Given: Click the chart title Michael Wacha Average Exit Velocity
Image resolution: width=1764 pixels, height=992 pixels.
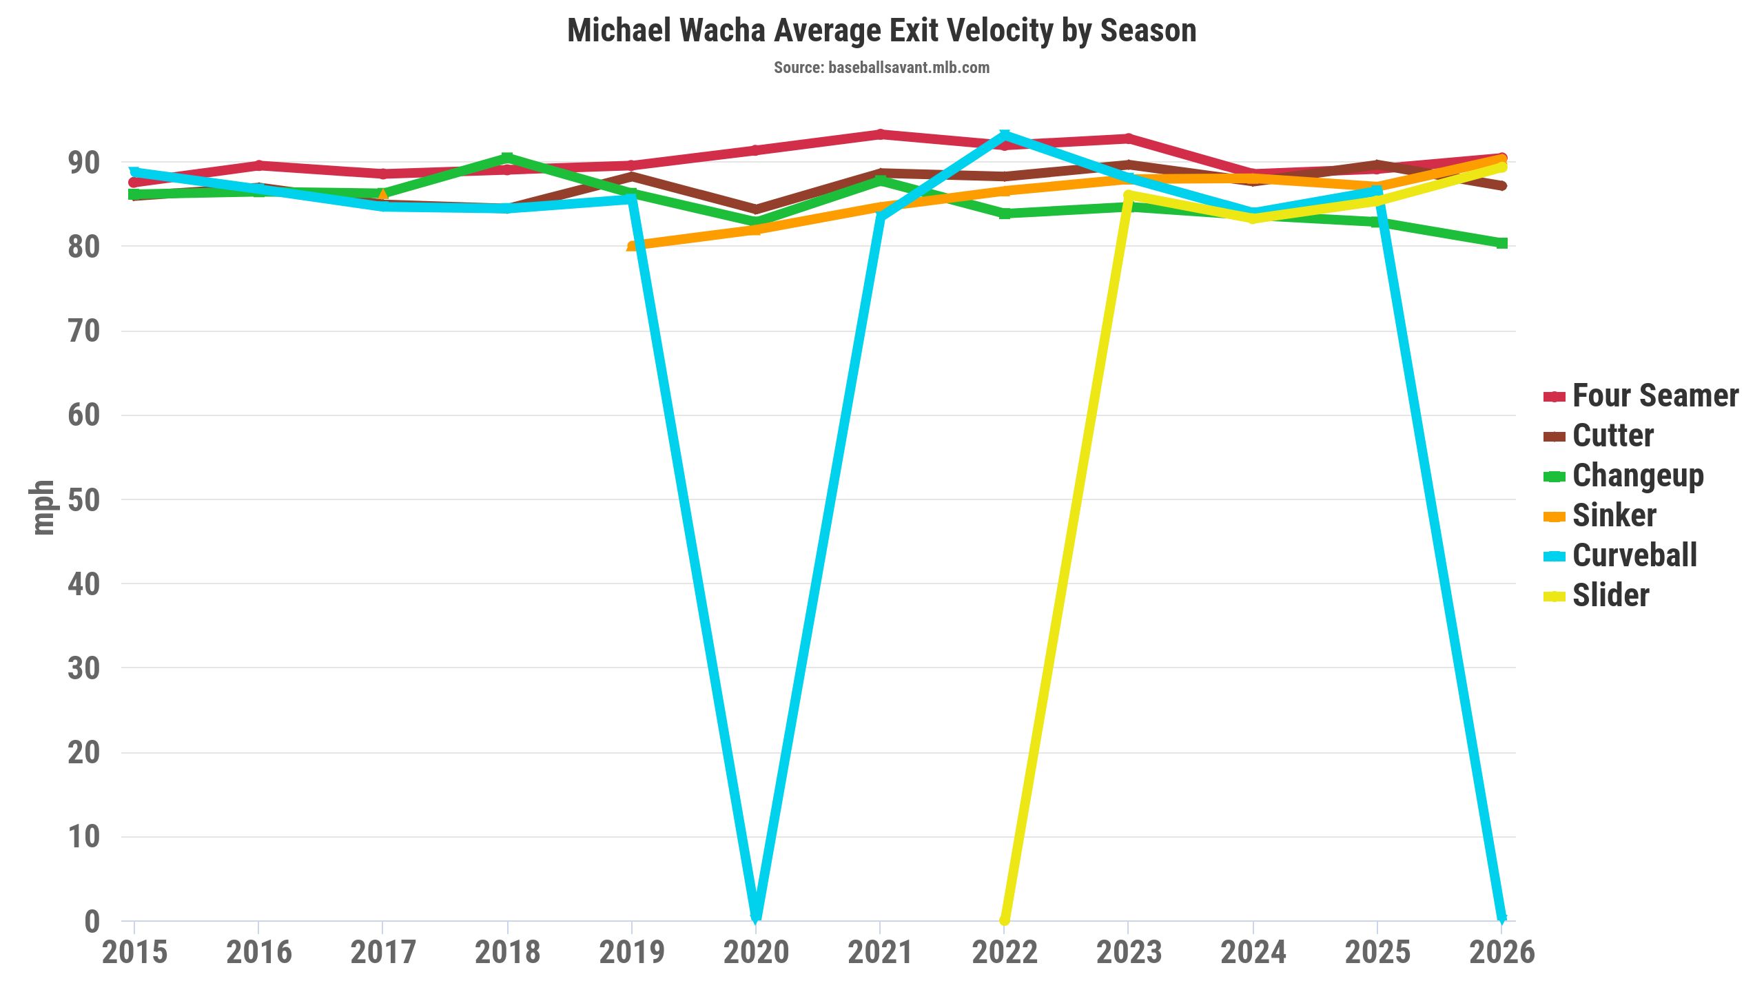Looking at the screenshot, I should [881, 31].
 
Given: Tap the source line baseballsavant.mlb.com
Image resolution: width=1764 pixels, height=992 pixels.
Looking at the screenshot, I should [881, 68].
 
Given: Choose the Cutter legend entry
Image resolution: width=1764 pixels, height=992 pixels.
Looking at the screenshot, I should [1612, 436].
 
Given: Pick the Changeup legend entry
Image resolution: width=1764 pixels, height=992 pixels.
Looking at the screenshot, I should [1637, 476].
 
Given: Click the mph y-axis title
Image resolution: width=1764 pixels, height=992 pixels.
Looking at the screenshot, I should [43, 508].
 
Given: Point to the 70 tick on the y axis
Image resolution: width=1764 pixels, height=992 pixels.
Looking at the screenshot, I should [84, 331].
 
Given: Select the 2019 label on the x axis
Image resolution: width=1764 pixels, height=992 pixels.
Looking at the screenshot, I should [632, 953].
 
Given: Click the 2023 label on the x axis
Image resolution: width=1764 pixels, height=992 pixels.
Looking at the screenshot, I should [1129, 953].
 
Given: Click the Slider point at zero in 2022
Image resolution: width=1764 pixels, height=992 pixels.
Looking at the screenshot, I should [1005, 920].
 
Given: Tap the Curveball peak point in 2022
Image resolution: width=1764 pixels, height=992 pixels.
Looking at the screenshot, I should [1005, 134].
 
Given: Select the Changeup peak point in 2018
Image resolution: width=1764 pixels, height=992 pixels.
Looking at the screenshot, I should [507, 158].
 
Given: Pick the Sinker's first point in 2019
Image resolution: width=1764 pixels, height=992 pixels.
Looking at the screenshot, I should [632, 246].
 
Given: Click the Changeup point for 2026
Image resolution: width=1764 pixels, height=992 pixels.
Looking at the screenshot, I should [1501, 243].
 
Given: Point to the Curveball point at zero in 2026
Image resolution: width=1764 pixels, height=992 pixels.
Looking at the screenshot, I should [1501, 918].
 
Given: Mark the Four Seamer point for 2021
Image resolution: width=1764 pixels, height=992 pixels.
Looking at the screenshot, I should [880, 134].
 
